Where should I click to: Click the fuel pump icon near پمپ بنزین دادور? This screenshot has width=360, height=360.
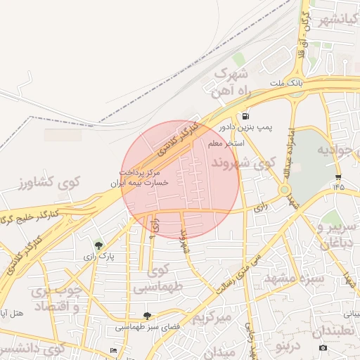245,116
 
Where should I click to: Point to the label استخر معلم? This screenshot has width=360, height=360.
226,143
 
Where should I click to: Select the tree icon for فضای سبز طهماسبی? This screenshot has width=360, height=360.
146,316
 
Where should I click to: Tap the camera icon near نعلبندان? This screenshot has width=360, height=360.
323,347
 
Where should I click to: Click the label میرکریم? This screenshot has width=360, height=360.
212,318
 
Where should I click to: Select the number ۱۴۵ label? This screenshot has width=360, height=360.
339,187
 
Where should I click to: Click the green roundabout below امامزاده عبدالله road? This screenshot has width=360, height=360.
285,190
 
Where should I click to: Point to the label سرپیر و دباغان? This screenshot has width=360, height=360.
339,235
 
